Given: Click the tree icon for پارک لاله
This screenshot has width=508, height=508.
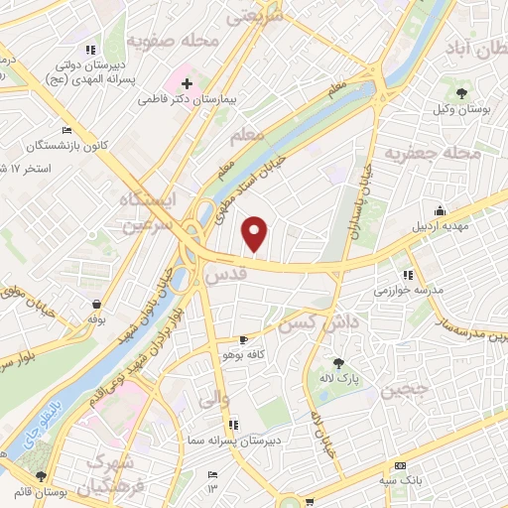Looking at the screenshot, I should tap(340, 363).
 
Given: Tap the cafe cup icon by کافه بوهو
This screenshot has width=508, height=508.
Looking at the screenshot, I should tap(243, 338).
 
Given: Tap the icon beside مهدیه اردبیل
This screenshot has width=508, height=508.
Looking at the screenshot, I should tap(439, 211).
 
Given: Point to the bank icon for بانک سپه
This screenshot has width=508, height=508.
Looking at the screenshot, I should tap(400, 466).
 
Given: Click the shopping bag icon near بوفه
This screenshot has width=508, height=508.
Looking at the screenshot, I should tap(96, 305).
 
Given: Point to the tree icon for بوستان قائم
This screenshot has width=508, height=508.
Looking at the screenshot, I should tap(41, 476).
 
